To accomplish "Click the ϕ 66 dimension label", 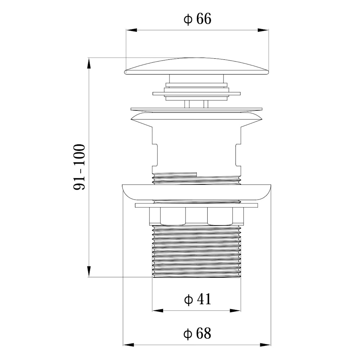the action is (197, 19).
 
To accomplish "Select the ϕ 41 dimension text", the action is (197, 299).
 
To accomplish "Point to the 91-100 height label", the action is (80, 167).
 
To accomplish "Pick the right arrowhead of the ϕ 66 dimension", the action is (263, 30).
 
